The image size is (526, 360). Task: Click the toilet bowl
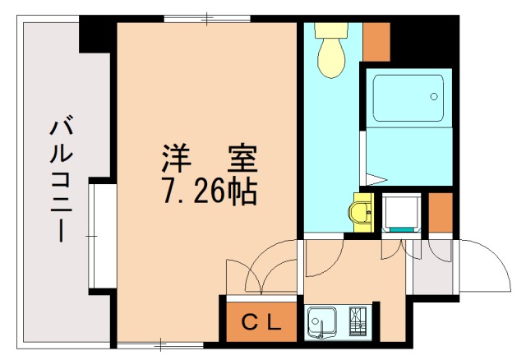pyautogui.click(x=332, y=58)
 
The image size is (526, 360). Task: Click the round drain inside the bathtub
pyautogui.click(x=433, y=97)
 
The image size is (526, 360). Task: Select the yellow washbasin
pyautogui.click(x=362, y=213)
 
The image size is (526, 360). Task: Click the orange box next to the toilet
pyautogui.click(x=376, y=42)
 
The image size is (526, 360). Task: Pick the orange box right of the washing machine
pyautogui.click(x=441, y=212)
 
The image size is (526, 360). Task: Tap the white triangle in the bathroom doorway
pyautogui.click(x=377, y=178)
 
